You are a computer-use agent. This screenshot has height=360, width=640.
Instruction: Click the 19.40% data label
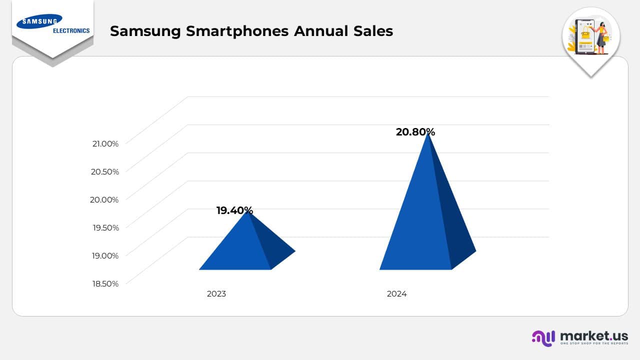234,210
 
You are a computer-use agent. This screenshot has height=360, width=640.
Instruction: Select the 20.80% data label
415,132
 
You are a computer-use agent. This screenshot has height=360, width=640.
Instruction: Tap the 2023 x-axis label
216,294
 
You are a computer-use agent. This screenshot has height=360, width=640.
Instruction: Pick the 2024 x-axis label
396,294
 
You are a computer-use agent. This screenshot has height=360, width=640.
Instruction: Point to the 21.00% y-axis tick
105,143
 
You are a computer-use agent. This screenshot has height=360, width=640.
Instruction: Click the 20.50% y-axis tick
105,171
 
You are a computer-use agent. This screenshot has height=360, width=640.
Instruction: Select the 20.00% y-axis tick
105,199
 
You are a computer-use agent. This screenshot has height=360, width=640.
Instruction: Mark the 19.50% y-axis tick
105,227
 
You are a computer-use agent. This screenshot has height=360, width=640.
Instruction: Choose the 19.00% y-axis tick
105,255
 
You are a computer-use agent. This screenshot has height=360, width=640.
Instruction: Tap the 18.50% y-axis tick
105,283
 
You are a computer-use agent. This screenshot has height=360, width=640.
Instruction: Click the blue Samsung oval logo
39,21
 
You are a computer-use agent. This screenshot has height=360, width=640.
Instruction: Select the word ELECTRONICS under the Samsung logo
71,30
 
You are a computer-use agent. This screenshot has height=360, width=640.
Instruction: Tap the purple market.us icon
543,337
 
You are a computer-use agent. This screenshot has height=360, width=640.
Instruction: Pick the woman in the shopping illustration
600,36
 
